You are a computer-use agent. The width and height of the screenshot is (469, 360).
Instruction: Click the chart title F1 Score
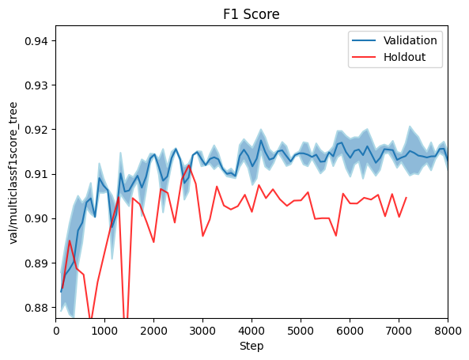252,14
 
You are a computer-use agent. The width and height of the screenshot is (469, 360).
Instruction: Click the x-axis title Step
252,346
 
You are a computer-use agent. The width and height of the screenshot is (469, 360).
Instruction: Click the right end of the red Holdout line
406,198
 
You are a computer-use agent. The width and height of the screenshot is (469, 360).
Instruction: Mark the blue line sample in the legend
365,40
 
